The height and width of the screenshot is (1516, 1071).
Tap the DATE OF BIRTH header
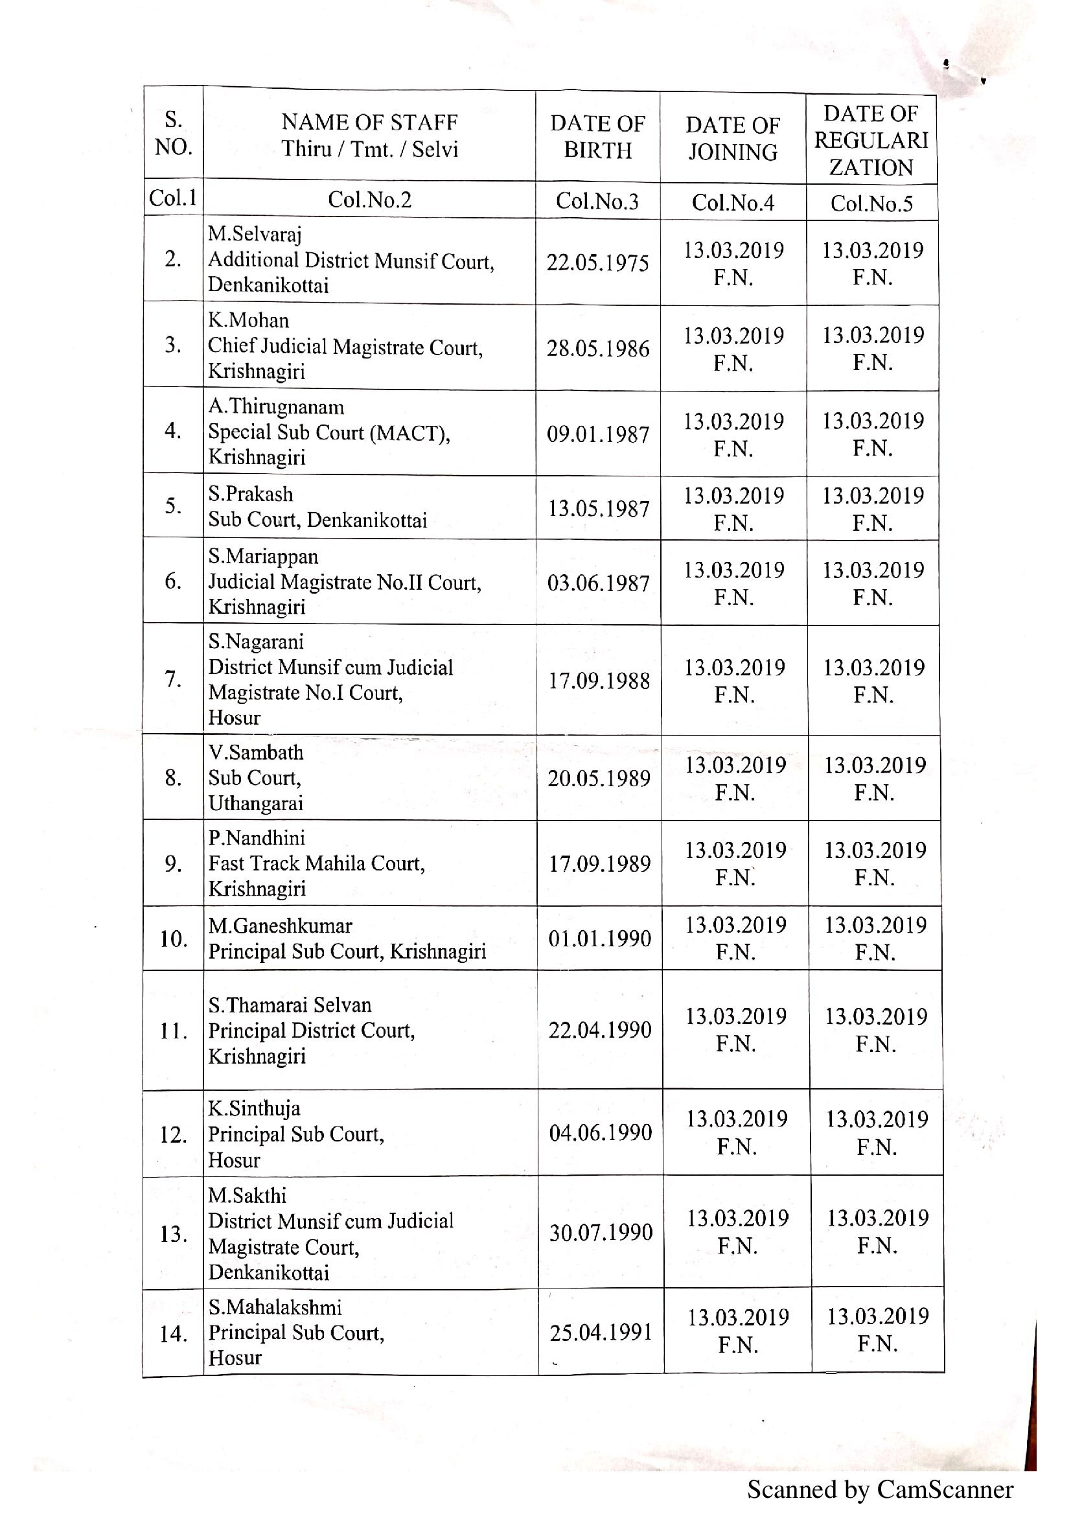tap(597, 137)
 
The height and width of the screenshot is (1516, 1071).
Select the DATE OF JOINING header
tap(733, 139)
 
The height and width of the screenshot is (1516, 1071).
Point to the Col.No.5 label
tap(871, 204)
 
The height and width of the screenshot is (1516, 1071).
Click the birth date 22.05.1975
tap(597, 262)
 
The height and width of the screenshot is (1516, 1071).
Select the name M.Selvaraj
tap(255, 235)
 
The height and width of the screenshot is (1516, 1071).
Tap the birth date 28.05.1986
tap(598, 349)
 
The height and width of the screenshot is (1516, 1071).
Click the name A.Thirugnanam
tap(276, 407)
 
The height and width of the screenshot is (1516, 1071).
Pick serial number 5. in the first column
tap(173, 506)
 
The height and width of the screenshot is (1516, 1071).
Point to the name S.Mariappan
tap(263, 557)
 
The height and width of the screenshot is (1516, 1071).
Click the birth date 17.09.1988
tap(599, 681)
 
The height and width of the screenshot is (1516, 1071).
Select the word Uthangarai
tap(255, 804)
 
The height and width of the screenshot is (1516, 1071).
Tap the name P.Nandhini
tap(257, 839)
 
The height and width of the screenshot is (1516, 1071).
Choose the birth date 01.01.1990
tap(599, 939)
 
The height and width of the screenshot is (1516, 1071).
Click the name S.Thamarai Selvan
tap(290, 1005)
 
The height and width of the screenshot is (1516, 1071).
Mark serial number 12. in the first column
tap(174, 1135)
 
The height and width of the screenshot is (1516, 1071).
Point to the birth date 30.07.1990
tap(601, 1232)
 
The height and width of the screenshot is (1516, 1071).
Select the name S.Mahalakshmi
tap(275, 1307)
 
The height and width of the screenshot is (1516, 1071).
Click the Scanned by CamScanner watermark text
tap(880, 1489)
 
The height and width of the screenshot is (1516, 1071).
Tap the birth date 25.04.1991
tap(601, 1333)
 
